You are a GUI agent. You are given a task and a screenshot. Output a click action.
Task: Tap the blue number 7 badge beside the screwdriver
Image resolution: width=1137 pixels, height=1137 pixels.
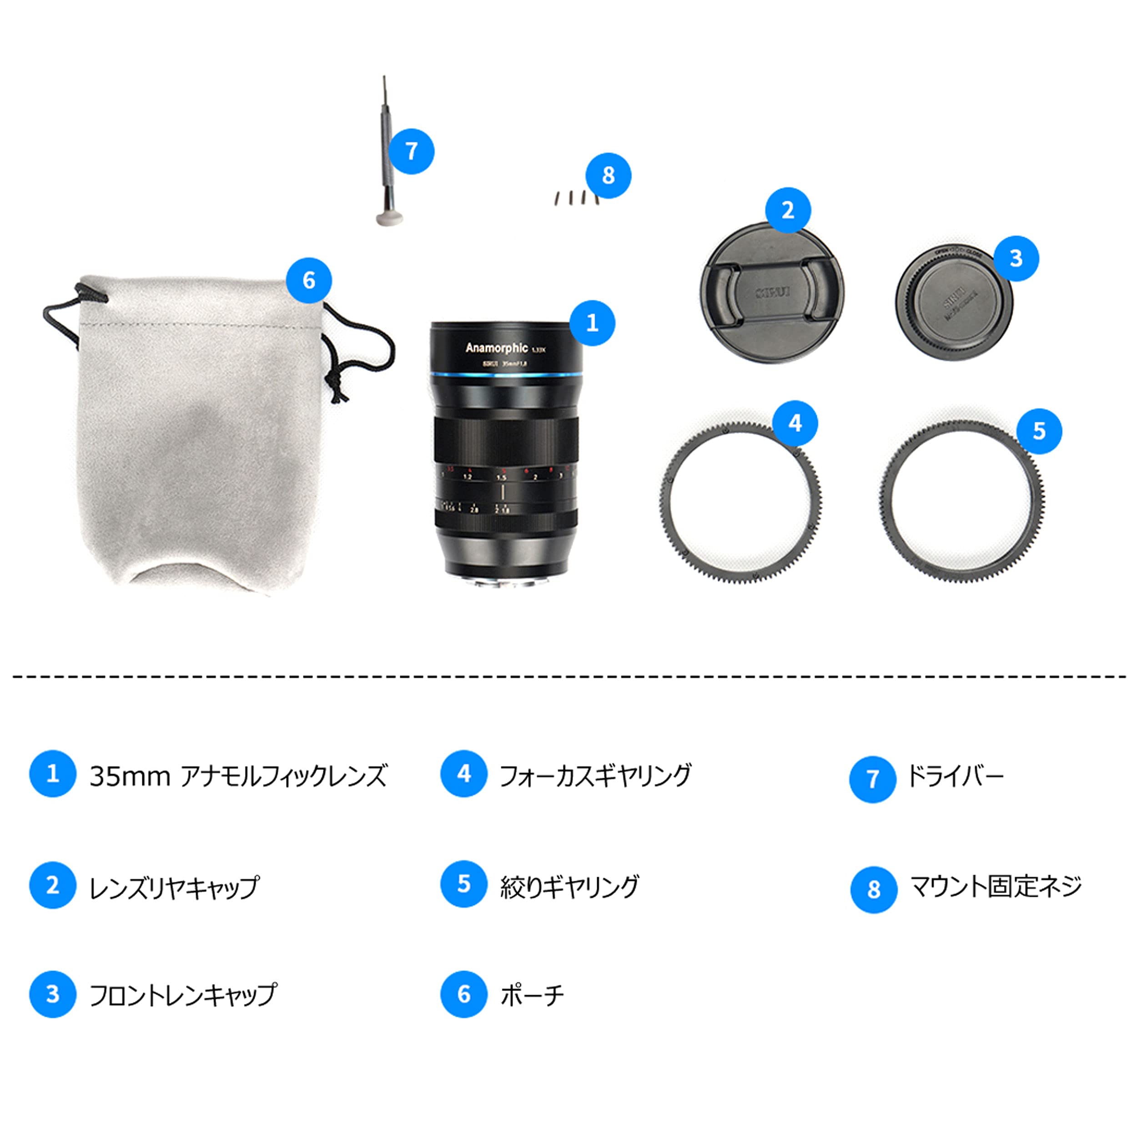(412, 151)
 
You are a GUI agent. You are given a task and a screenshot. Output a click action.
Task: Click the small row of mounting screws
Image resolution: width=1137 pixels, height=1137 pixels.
(574, 198)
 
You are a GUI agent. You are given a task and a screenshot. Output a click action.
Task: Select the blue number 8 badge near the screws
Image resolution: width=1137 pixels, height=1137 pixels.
(608, 176)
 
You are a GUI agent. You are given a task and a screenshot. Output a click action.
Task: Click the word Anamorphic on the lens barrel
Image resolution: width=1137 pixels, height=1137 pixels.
(496, 348)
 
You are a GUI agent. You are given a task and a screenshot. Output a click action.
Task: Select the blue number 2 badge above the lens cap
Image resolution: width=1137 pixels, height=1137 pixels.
(787, 210)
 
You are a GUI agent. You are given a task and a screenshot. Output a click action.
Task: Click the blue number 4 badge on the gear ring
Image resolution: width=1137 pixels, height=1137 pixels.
(795, 423)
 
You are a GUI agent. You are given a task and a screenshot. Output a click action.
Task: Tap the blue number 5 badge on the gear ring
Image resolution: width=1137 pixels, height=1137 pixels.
(1039, 431)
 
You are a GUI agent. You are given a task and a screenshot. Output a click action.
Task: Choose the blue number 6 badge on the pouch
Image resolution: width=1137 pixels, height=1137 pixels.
(309, 280)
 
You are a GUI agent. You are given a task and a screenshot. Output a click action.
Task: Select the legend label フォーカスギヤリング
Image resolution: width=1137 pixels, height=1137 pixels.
(595, 775)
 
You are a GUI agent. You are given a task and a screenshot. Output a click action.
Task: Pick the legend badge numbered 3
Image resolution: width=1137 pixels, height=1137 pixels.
(52, 994)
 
